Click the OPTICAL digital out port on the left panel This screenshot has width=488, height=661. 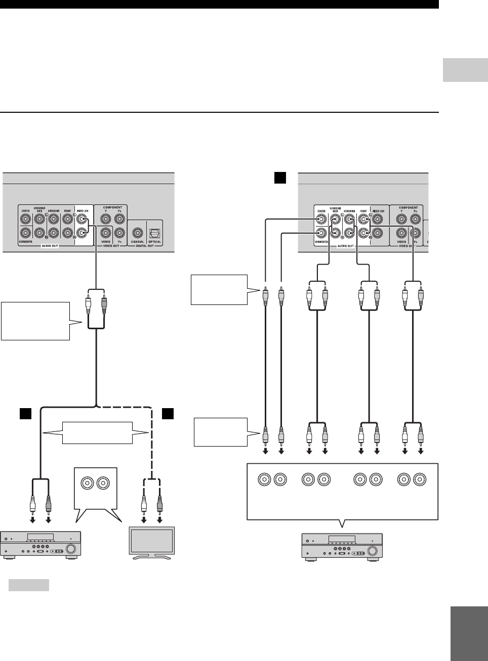[154, 233]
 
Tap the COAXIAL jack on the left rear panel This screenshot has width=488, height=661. [137, 233]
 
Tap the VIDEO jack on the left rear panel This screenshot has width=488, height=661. [105, 233]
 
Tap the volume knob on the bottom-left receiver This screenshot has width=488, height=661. [71, 549]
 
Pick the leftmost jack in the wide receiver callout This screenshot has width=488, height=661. [264, 479]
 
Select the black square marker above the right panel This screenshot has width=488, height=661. [280, 178]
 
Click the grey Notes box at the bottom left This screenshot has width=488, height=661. [29, 585]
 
